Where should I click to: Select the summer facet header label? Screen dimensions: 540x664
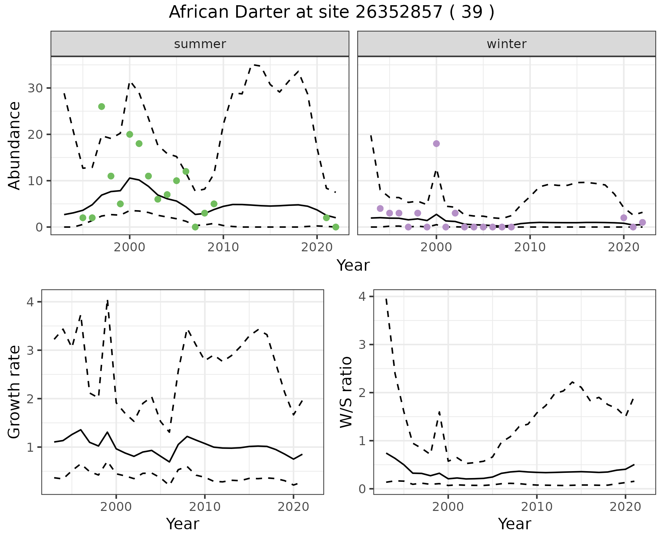(200, 44)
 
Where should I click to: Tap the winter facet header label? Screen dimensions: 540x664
(506, 44)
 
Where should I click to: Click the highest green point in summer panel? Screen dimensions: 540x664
(101, 107)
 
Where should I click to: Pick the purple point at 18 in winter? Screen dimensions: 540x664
(436, 144)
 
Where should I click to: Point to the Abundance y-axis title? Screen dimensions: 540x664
(14, 145)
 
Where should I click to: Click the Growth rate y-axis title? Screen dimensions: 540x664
(14, 392)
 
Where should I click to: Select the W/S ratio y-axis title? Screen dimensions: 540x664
(346, 392)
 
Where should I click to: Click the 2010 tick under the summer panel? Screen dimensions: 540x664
(223, 247)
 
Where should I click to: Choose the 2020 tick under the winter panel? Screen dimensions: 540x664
(624, 247)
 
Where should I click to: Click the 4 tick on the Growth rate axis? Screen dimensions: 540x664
(30, 302)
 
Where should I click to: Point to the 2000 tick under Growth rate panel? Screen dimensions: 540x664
(116, 507)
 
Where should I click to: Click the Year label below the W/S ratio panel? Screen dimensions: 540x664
(514, 524)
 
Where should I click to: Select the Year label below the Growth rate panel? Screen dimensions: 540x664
(183, 524)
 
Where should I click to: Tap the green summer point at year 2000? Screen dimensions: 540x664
(130, 134)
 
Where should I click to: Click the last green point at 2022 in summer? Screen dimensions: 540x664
(335, 227)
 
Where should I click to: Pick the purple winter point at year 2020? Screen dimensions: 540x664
(624, 218)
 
